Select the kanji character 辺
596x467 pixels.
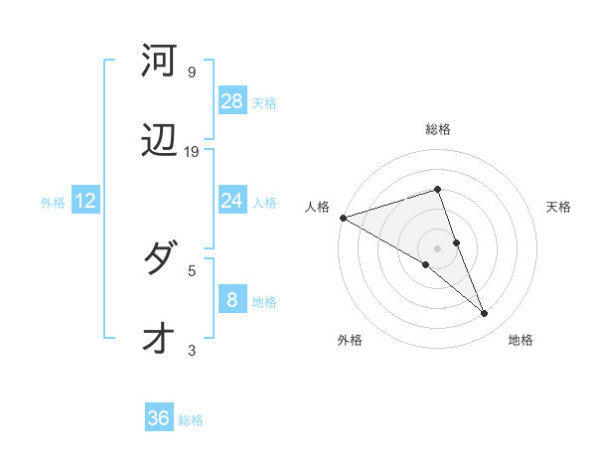pos(160,143)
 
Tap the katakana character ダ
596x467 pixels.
pos(160,259)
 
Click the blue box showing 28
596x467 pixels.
pos(232,101)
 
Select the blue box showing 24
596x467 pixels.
pos(232,201)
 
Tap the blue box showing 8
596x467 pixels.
pos(232,300)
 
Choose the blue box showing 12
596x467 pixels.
pos(85,201)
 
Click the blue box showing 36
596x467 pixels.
pos(159,418)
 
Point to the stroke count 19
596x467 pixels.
pos(192,152)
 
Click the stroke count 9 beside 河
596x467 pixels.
pos(192,73)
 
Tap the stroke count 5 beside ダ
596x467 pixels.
pos(192,269)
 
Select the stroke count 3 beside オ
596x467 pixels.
pos(192,350)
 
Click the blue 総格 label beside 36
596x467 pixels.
pos(191,420)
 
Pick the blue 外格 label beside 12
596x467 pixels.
pos(53,203)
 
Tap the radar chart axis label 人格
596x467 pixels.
pos(317,207)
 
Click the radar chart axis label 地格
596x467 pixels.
pos(521,340)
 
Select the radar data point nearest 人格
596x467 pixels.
pos(343,218)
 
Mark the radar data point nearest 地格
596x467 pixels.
pos(485,314)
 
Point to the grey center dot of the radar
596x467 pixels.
pos(437,247)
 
